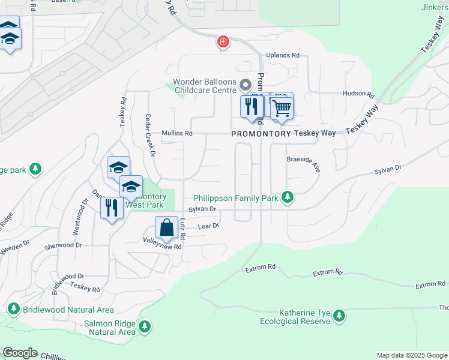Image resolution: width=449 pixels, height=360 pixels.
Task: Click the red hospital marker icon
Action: (223, 41)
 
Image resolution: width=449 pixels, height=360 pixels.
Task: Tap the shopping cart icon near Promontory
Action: (281, 107)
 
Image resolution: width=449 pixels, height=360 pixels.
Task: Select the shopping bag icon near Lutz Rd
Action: (167, 227)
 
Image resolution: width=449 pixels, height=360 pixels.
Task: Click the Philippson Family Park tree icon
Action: (288, 197)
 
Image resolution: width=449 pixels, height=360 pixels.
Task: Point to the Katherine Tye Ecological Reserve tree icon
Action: (339, 316)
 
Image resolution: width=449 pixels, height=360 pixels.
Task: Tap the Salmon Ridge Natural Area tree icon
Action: (144, 327)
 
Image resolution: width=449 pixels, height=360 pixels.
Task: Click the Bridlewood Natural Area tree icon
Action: (14, 309)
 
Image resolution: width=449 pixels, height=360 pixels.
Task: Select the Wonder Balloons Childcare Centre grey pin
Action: (244, 84)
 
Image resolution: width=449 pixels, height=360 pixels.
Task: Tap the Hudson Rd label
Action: (358, 95)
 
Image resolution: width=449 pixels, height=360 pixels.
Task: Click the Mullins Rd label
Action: (176, 133)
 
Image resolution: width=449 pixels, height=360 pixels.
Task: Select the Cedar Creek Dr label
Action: (149, 135)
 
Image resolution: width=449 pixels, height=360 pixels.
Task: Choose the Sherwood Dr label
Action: (62, 245)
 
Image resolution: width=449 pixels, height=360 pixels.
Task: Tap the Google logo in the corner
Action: (20, 353)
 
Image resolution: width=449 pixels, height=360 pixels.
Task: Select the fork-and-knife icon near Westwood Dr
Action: (111, 208)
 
